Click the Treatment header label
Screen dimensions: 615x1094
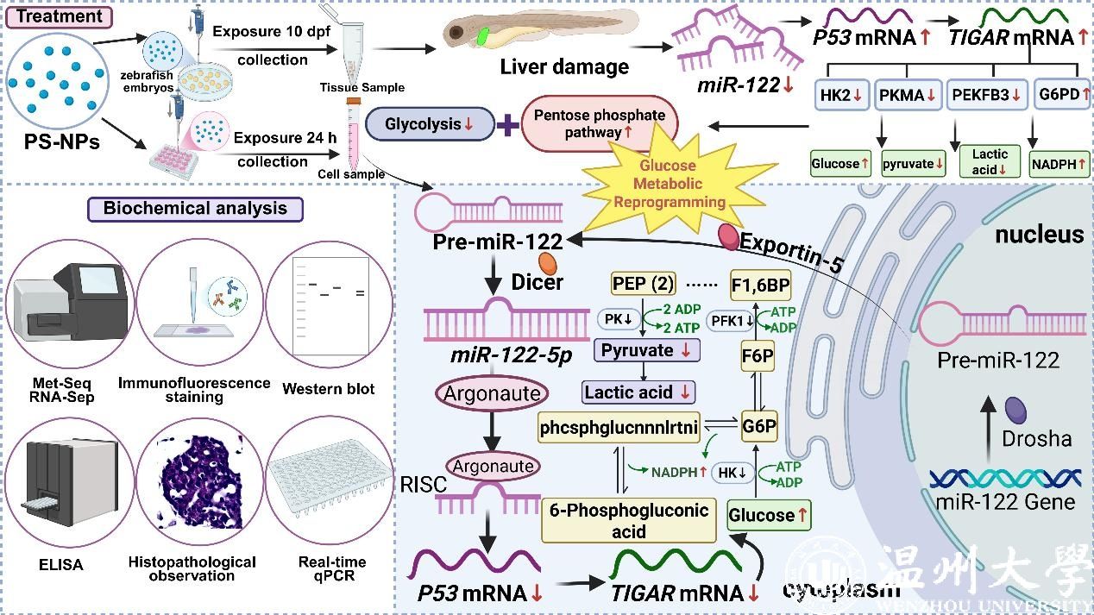(59, 16)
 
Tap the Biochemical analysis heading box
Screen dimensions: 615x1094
(195, 208)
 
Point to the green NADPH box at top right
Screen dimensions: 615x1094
(1058, 163)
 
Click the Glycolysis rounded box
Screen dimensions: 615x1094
(429, 124)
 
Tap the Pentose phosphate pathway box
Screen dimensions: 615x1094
(599, 124)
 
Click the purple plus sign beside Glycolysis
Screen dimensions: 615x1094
(509, 126)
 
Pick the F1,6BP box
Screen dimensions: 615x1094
(760, 284)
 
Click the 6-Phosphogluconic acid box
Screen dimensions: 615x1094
(628, 519)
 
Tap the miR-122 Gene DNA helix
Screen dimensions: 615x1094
(1006, 477)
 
